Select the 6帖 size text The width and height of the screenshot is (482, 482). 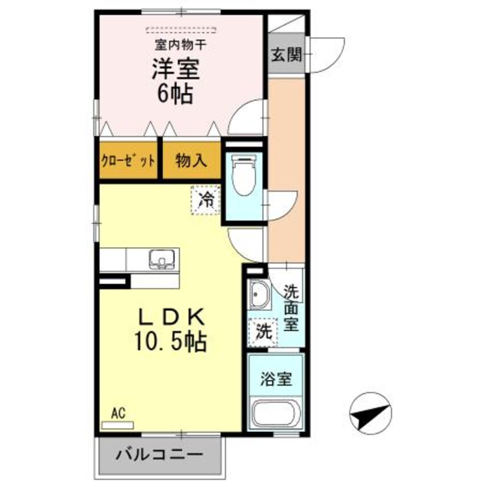coord(175,92)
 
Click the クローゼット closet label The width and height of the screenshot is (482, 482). coord(128,161)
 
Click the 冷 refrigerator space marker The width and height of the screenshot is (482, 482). coord(205,199)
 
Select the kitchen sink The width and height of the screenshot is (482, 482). coord(163,259)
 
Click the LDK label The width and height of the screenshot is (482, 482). coord(169,316)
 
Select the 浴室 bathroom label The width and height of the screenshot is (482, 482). coord(276,379)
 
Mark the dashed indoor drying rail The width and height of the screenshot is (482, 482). coord(181,28)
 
